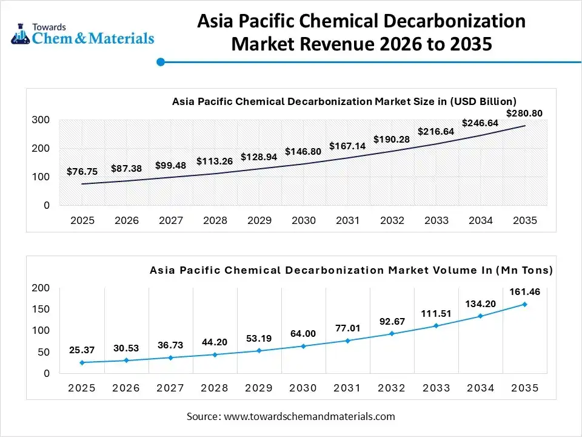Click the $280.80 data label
(x=524, y=113)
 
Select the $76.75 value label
(x=82, y=172)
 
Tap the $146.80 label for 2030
(x=303, y=152)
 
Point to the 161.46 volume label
(x=524, y=292)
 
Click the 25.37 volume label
(x=82, y=350)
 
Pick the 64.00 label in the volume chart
(x=303, y=333)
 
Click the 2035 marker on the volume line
(x=524, y=305)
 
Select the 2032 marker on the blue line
(x=392, y=333)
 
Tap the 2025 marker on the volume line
(x=82, y=362)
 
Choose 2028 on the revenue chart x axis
(x=215, y=221)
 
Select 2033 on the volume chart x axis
(x=436, y=388)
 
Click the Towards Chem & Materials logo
(x=82, y=35)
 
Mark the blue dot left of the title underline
(x=161, y=62)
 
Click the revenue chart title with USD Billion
(x=344, y=101)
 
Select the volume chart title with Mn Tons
(x=351, y=270)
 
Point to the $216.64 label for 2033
(x=436, y=131)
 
